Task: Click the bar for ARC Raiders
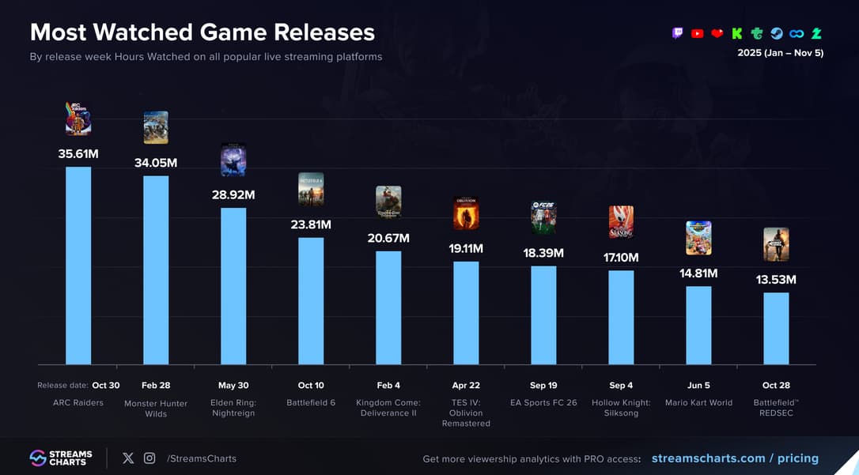[x=78, y=266]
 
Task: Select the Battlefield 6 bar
[x=311, y=301]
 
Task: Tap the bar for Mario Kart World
[x=698, y=325]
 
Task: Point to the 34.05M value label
[x=156, y=163]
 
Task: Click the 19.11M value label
[x=466, y=248]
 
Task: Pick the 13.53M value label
[x=776, y=280]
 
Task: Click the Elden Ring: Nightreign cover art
[x=233, y=160]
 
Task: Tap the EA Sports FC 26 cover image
[x=543, y=218]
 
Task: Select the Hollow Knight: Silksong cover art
[x=621, y=222]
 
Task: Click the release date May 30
[x=233, y=386]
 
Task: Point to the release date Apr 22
[x=466, y=386]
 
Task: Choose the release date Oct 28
[x=776, y=386]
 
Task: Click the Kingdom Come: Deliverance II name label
[x=388, y=408]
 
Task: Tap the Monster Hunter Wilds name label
[x=156, y=409]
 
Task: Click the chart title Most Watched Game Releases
[x=202, y=32]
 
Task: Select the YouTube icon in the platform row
[x=697, y=33]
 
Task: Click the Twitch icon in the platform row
[x=677, y=33]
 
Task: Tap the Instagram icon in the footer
[x=149, y=458]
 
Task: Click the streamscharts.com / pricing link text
[x=735, y=458]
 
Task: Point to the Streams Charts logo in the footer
[x=61, y=458]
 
